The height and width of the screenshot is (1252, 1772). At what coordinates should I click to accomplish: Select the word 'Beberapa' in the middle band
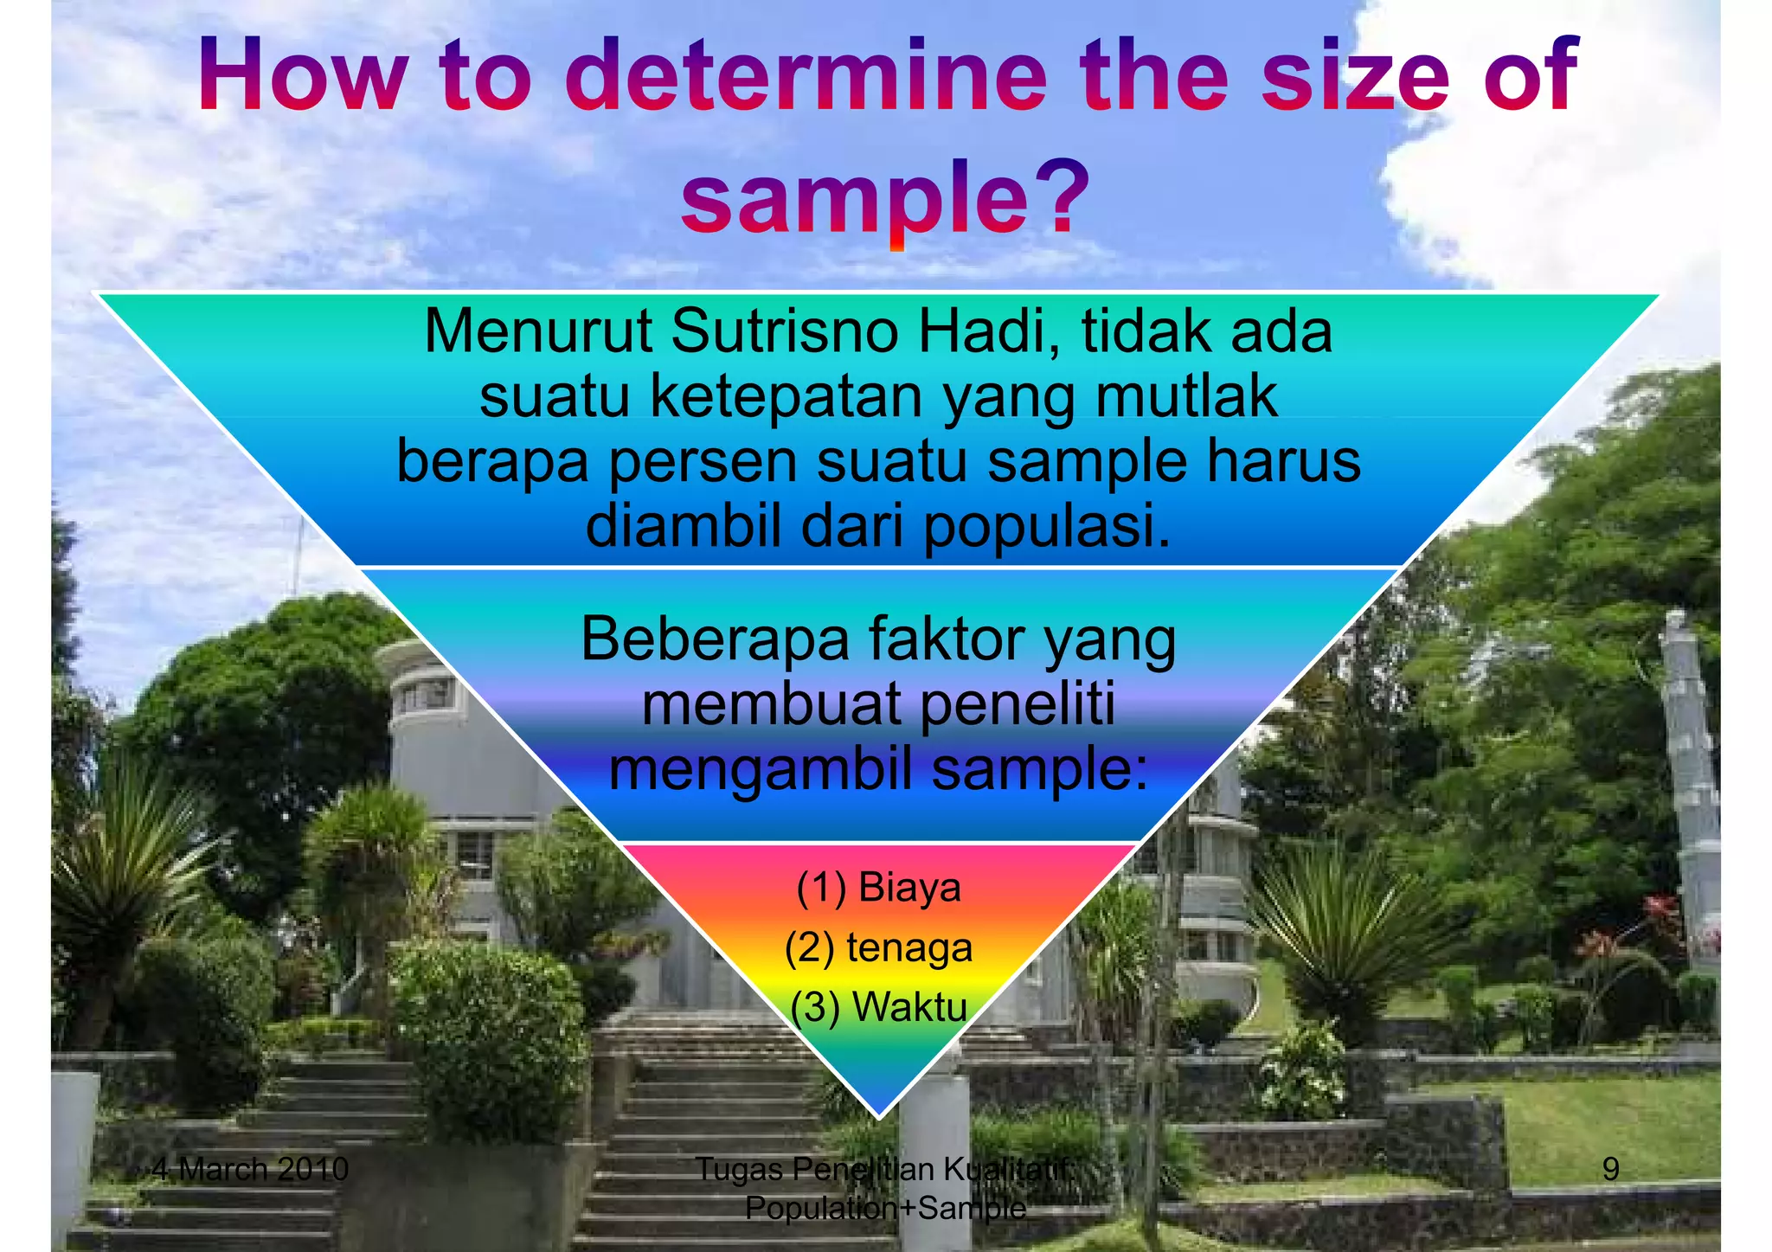pyautogui.click(x=715, y=639)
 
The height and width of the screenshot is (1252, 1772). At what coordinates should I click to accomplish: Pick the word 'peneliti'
pyautogui.click(x=1016, y=704)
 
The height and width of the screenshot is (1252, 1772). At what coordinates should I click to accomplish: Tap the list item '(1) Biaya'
pyautogui.click(x=878, y=888)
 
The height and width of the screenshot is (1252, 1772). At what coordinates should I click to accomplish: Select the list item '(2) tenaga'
pyautogui.click(x=878, y=947)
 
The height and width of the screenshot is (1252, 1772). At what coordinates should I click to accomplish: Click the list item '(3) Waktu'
pyautogui.click(x=878, y=1006)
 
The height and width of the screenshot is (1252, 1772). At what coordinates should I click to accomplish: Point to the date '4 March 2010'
pyautogui.click(x=250, y=1169)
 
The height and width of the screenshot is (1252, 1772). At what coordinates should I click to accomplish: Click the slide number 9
pyautogui.click(x=1610, y=1169)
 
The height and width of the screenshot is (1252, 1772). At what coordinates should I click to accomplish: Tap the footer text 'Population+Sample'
pyautogui.click(x=885, y=1207)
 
